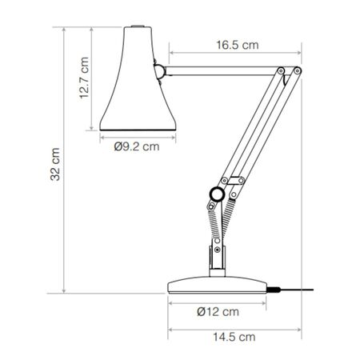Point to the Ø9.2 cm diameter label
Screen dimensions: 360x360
click(x=136, y=146)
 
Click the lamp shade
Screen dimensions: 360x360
click(x=134, y=88)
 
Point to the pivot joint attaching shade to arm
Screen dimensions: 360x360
click(x=161, y=72)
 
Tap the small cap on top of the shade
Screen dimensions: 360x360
click(x=136, y=30)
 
